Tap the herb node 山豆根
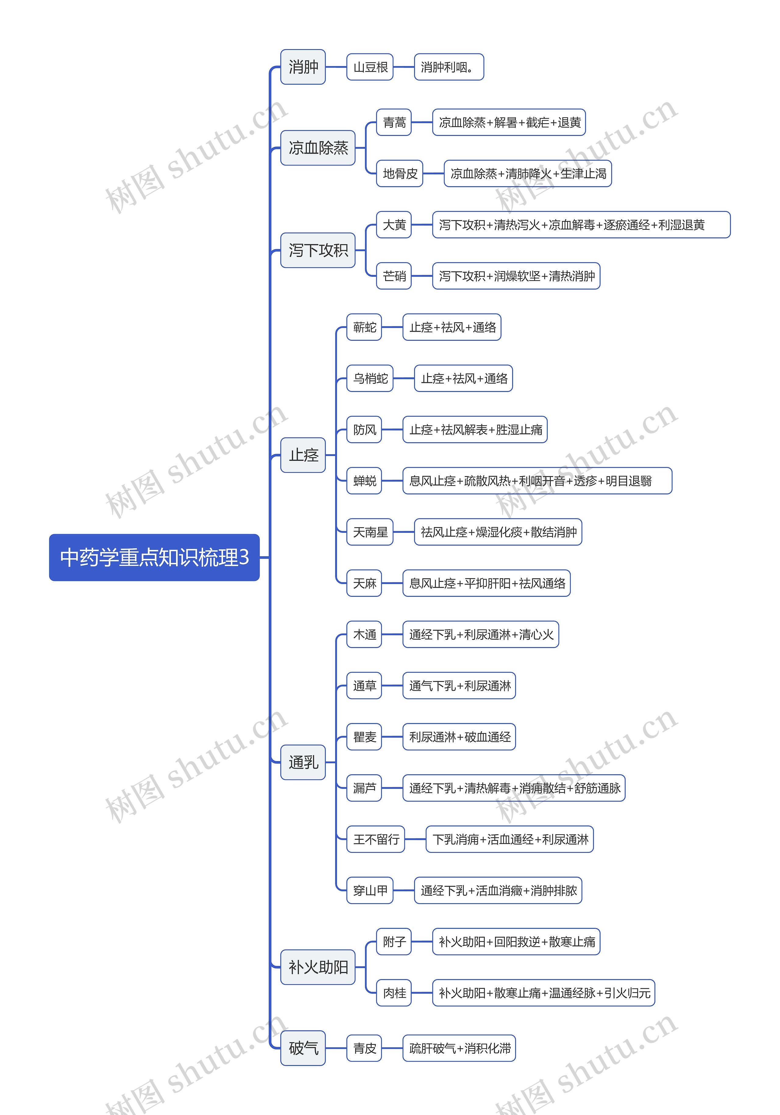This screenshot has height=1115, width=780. (370, 67)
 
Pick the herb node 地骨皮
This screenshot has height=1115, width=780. (399, 173)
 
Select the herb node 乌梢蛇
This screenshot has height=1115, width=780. (370, 378)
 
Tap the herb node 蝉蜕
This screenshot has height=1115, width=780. (364, 481)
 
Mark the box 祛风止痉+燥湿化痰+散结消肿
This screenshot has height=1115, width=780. (498, 532)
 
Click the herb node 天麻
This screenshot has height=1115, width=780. (364, 583)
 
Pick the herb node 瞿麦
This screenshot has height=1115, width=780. (364, 737)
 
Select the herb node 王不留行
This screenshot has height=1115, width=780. (376, 839)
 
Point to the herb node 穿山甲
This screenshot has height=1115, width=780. (370, 891)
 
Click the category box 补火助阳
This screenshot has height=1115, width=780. (318, 967)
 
